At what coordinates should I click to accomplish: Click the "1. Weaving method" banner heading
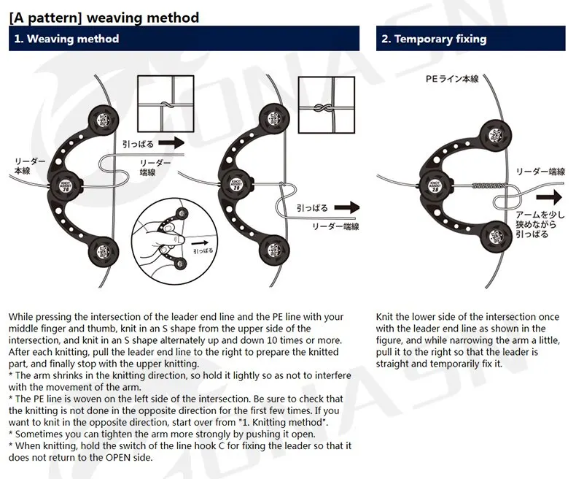[66, 39]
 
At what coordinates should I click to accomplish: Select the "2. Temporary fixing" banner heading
[433, 39]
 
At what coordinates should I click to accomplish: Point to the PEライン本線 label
[451, 79]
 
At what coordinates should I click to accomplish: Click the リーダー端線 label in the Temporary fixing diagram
[540, 172]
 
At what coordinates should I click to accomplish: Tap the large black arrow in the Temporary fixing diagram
[552, 196]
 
